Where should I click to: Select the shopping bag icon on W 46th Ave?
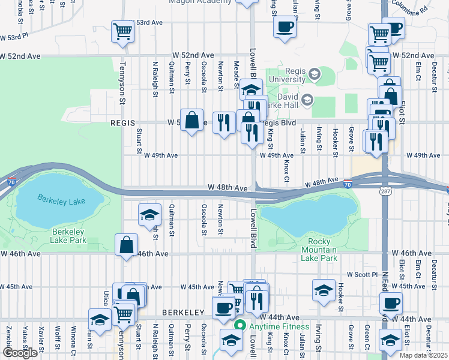[x=126, y=245]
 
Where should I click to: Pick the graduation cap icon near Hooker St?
[x=324, y=290]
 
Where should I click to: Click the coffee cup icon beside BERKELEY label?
[x=224, y=308]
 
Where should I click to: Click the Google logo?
[x=20, y=353]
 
